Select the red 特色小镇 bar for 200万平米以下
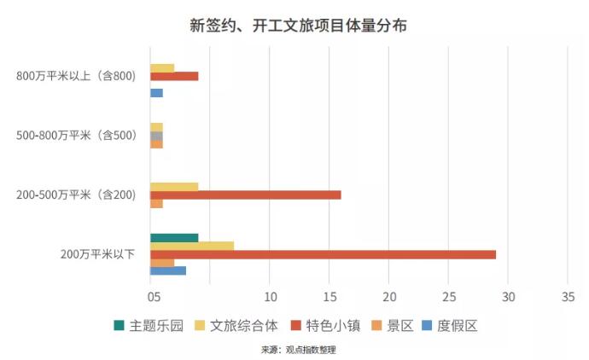coord(323,254)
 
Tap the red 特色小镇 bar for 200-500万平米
coord(245,195)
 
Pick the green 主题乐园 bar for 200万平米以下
coord(174,238)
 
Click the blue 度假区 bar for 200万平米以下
coord(168,271)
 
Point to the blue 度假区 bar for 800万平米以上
coord(156,92)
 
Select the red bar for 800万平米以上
coord(174,76)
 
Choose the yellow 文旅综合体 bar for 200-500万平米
coord(174,186)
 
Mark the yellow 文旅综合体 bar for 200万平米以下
coord(192,247)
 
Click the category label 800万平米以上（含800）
coord(77,77)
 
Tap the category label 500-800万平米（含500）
coord(77,135)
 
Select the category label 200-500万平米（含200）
coord(77,195)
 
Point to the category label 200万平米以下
coord(97,254)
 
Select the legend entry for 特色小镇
coord(328,325)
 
